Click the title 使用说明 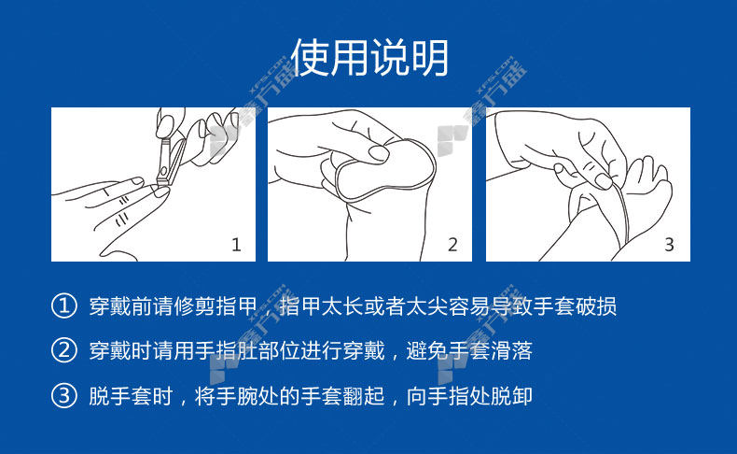369,57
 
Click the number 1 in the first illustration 236,245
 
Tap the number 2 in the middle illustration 452,245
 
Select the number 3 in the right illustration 669,245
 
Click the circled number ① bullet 64,306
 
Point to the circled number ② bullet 64,350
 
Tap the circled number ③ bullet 64,395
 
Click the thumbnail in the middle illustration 379,153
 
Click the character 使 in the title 311,57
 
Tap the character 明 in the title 429,57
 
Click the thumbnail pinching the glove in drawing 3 603,180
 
